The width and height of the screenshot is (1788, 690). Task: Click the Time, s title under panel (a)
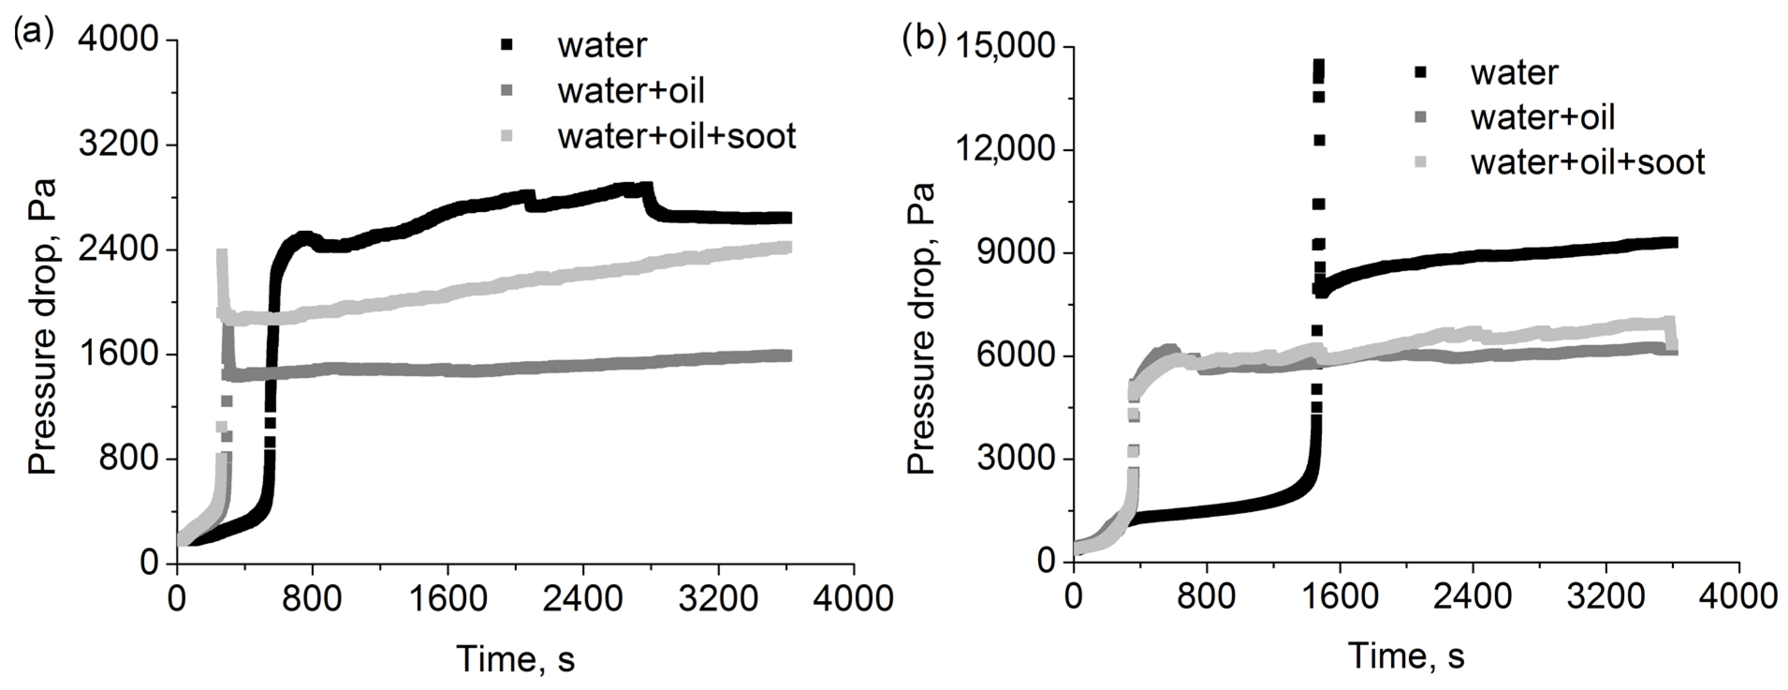coord(516,658)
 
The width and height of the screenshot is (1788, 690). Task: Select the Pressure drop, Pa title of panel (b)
coord(922,328)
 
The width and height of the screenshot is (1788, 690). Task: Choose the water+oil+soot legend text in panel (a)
coord(676,136)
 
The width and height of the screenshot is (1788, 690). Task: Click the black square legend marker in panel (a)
coord(507,44)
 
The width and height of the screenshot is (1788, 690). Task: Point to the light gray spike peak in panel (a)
coord(222,254)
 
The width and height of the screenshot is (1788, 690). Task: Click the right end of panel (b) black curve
coord(1674,242)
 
